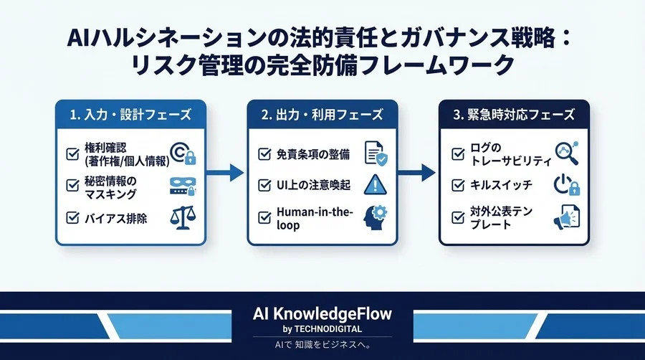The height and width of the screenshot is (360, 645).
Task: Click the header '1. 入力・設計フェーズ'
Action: pos(131,114)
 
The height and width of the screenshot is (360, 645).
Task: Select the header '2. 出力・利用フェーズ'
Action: pos(322,114)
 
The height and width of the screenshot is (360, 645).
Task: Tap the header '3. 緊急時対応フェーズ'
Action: pos(513,114)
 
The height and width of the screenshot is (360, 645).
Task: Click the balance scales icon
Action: pos(182,217)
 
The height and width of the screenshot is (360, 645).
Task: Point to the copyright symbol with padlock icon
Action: pos(182,153)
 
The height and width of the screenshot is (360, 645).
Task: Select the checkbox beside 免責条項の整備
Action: pos(264,153)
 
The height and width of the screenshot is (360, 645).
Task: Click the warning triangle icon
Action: pos(375,184)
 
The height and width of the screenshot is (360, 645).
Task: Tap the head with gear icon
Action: pos(375,217)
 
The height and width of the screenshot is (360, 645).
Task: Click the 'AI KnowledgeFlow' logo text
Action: pos(322,314)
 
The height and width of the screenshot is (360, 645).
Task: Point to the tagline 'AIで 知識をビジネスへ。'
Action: pos(322,346)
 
